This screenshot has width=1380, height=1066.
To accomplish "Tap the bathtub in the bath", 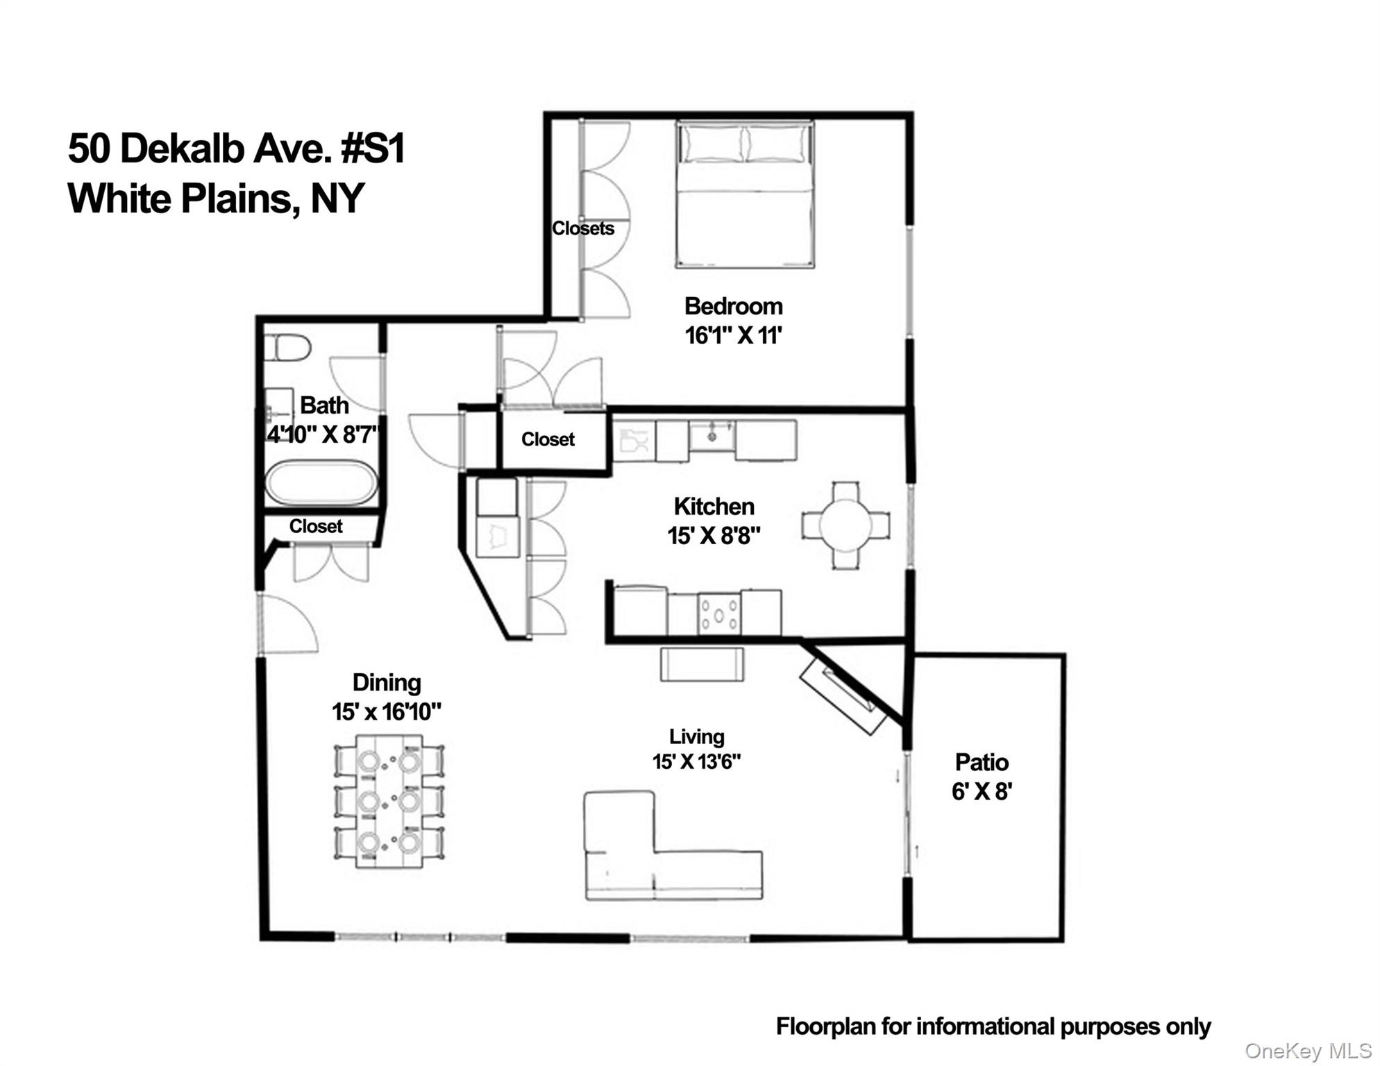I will [321, 483].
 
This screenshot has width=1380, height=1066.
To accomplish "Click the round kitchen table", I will [845, 525].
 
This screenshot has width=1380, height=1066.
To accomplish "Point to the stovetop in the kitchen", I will [718, 614].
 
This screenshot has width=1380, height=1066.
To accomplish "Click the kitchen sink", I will [712, 437].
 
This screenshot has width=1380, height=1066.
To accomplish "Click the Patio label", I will [982, 762].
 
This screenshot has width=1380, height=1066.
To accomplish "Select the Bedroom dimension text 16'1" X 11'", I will [733, 336].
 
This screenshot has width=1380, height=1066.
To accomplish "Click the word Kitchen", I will [714, 507].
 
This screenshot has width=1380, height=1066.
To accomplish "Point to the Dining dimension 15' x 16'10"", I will [387, 712].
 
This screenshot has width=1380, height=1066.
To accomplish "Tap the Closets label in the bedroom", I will [582, 228].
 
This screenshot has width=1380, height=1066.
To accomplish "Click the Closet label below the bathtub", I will [316, 526].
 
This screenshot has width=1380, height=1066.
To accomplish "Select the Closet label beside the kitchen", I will [548, 439].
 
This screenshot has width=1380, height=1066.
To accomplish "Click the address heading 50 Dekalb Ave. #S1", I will [236, 149].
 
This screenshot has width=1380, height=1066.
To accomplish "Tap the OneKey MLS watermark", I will [1308, 1051].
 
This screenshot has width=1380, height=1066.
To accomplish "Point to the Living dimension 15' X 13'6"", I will [696, 762].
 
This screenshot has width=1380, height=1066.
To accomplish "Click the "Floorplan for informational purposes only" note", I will [993, 1026].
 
